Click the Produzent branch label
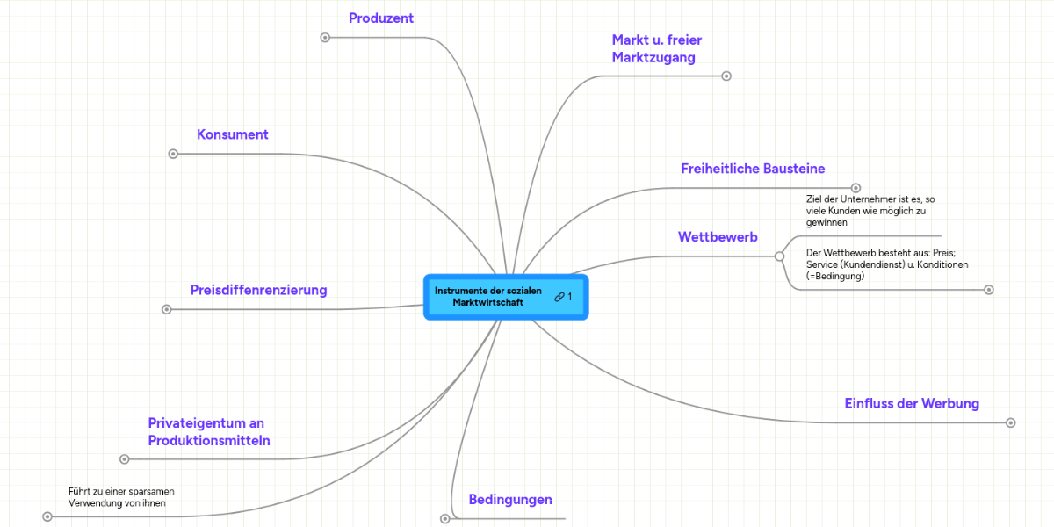point(380,18)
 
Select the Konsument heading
point(232,134)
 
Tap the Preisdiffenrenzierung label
point(258,290)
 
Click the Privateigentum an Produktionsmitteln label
point(208,432)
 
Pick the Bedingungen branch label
point(510,500)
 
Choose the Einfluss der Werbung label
point(911,403)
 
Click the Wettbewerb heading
point(718,237)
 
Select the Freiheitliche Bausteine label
point(753,169)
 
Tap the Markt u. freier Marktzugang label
point(656,49)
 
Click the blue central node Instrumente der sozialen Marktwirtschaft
point(488,297)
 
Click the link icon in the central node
point(559,297)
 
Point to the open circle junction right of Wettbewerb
point(779,256)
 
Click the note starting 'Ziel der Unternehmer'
point(870,211)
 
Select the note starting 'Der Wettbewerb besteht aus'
point(886,264)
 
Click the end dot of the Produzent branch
point(325,37)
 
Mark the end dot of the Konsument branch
point(173,154)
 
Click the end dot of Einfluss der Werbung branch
point(1010,422)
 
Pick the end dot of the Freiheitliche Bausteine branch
point(855,187)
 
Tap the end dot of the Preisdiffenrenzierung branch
point(167,309)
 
